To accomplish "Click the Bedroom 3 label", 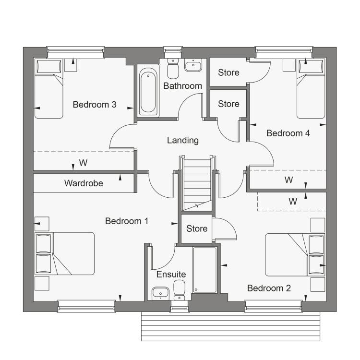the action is [95, 105].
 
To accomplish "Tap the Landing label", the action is [183, 140].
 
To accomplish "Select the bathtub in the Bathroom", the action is [148, 91].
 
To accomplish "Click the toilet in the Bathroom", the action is [173, 68].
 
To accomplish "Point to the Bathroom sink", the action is [193, 65].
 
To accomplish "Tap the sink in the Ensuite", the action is [160, 293].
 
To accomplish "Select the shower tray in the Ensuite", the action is [205, 270].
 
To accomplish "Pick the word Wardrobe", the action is [84, 183].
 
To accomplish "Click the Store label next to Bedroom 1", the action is [197, 228].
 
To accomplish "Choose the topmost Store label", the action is [228, 72].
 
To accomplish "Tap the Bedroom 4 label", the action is [288, 133].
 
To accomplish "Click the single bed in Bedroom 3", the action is [48, 89].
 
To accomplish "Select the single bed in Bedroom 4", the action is [311, 89].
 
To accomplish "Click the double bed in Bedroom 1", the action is [64, 253].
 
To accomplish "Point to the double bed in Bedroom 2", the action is [295, 255].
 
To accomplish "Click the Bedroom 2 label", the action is [269, 288].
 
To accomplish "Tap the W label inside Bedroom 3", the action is [83, 163].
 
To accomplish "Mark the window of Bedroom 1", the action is [86, 306].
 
